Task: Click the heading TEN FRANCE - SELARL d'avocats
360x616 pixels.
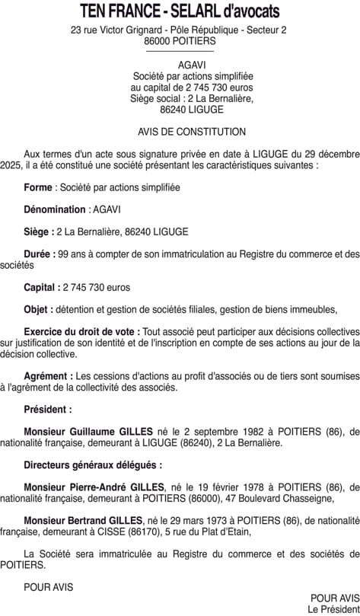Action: pyautogui.click(x=180, y=12)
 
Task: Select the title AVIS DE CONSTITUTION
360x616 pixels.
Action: pyautogui.click(x=180, y=132)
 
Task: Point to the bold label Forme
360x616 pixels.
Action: pyautogui.click(x=38, y=187)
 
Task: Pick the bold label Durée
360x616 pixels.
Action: pyautogui.click(x=40, y=254)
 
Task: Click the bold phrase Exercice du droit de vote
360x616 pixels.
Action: pyautogui.click(x=81, y=332)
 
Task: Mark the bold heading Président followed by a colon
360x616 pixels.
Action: pyautogui.click(x=49, y=409)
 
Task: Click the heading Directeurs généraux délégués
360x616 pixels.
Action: pyautogui.click(x=93, y=464)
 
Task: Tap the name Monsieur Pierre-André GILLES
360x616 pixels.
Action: pyautogui.click(x=94, y=487)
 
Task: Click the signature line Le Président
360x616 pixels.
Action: pyautogui.click(x=333, y=609)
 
